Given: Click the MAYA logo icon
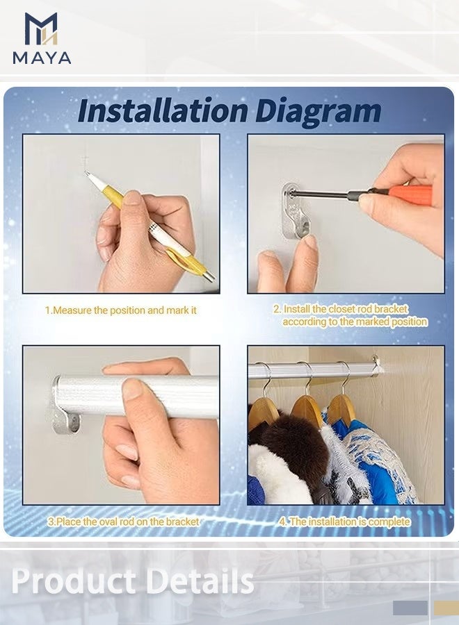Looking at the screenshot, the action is click(x=41, y=28).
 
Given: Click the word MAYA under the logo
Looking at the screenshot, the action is click(x=42, y=58).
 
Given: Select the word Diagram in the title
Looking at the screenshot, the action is click(x=318, y=112).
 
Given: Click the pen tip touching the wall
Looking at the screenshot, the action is click(x=86, y=172).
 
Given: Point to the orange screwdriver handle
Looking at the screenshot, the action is click(x=410, y=195).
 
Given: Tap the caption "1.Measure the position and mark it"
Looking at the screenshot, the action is click(x=121, y=310).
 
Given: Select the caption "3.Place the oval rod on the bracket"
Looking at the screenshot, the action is click(x=123, y=522).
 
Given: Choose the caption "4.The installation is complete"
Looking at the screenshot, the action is click(x=344, y=522).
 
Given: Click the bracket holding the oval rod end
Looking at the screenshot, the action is click(x=65, y=406).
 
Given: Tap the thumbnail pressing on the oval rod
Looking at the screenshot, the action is click(x=132, y=389).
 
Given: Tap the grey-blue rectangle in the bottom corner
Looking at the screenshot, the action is click(x=410, y=608).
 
